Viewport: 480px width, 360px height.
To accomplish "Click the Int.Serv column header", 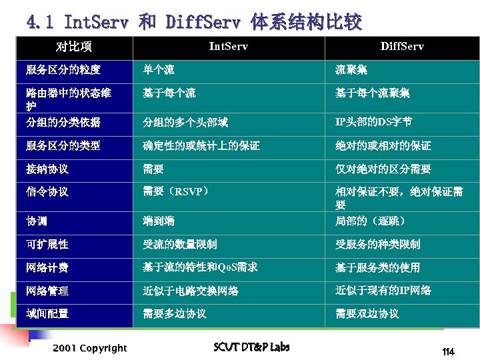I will coord(229,46).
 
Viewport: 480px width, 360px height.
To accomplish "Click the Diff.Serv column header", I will coord(401,46).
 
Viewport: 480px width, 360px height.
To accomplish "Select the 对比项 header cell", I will coord(74,46).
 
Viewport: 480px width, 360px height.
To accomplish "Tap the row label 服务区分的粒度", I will coord(63,70).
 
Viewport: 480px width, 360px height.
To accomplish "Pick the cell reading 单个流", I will coord(159,70).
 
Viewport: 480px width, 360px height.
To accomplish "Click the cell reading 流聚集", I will coord(351,70).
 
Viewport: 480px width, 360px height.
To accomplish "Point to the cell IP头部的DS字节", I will coord(373,122).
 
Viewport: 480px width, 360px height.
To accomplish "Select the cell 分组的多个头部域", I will coord(185,122).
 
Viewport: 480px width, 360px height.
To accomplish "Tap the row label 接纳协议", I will coord(47,169).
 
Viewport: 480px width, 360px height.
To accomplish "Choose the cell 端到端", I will coord(159,221).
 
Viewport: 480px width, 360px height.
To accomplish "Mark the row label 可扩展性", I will coord(47,245).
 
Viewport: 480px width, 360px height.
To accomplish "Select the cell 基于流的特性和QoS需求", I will coord(200,267).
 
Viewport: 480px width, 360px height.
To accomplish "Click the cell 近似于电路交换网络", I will coord(191,291).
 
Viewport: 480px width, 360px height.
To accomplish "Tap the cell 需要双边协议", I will coord(367,313).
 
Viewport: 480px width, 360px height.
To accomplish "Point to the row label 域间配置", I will coord(47,313).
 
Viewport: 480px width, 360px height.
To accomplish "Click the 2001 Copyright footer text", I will coord(90,348).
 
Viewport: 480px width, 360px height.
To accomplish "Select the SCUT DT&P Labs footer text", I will coord(251,347).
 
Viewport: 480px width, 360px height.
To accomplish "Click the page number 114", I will coord(448,351).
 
